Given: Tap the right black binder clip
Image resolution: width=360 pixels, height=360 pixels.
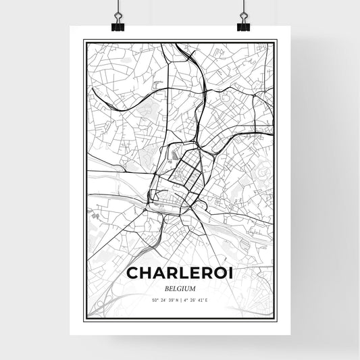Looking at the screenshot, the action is (242, 25).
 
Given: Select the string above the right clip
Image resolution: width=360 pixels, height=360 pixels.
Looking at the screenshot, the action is (242, 8).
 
